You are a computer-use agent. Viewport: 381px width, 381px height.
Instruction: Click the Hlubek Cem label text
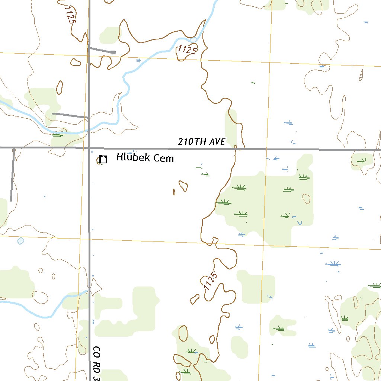(145, 158)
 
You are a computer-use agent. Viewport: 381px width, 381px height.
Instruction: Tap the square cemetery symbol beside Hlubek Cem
(103, 160)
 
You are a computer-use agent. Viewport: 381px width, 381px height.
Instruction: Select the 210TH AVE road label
(201, 142)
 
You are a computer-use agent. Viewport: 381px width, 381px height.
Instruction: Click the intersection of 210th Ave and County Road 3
(89, 148)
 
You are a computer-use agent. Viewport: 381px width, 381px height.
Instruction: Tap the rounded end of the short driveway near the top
(113, 52)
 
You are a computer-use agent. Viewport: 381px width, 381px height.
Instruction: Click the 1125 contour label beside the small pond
(187, 49)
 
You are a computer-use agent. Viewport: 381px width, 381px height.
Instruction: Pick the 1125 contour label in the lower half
(210, 282)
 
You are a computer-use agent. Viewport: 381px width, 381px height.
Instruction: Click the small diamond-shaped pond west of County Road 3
(20, 241)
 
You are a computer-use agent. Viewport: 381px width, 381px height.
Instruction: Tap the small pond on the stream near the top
(193, 40)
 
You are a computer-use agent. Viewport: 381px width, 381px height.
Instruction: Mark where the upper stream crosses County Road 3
(89, 131)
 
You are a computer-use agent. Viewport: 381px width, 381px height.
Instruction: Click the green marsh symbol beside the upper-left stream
(57, 135)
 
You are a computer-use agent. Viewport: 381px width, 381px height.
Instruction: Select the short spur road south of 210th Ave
(12, 175)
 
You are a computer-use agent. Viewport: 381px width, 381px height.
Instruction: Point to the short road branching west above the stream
(70, 115)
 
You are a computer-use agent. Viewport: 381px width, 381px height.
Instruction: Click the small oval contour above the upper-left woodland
(60, 86)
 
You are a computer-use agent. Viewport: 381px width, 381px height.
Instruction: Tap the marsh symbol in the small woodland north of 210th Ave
(361, 161)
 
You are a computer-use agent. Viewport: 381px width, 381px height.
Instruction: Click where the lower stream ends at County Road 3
(88, 290)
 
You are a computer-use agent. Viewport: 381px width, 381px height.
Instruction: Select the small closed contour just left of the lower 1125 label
(195, 298)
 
